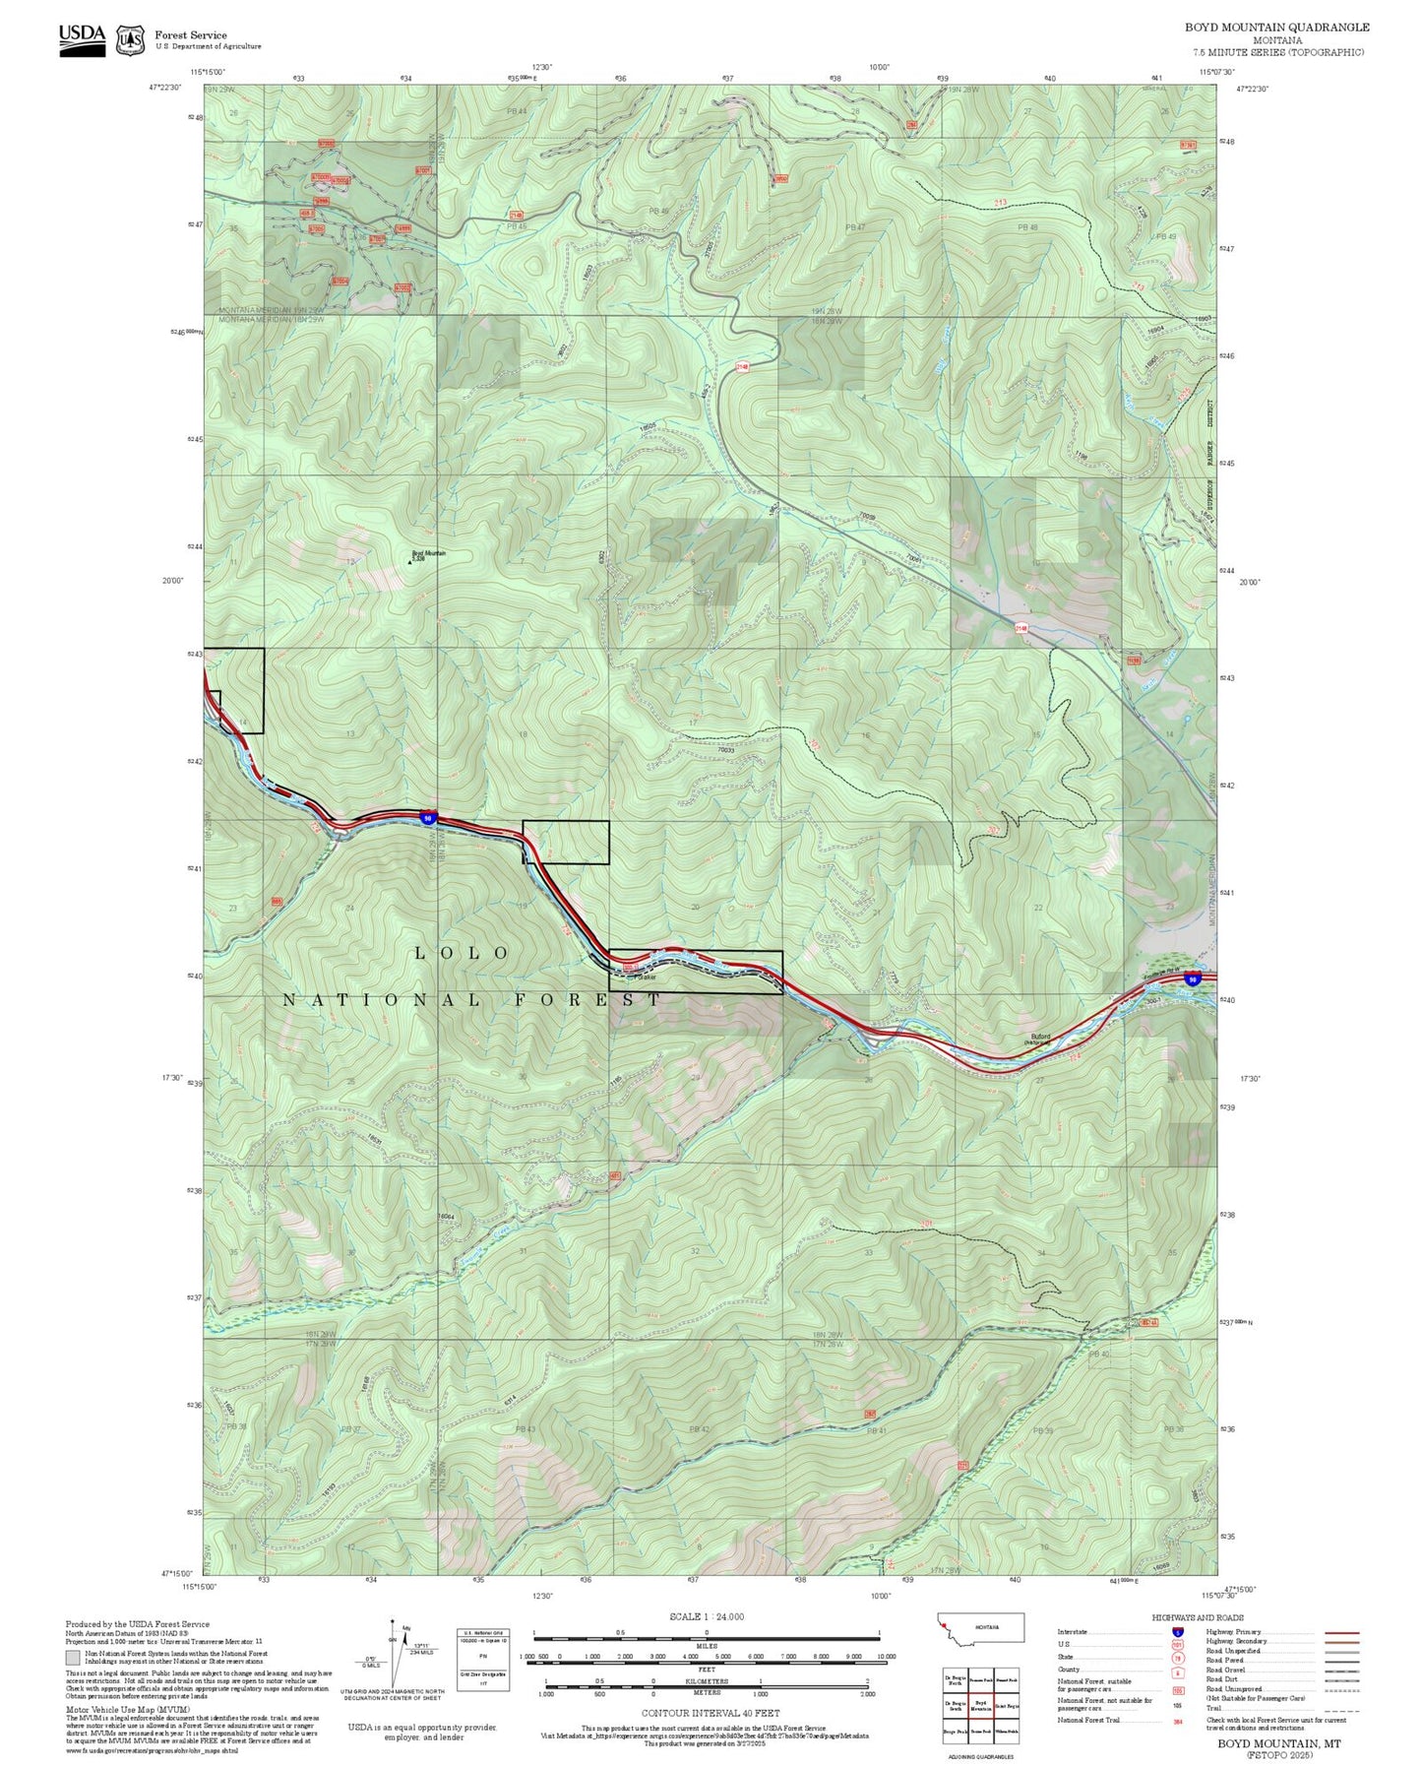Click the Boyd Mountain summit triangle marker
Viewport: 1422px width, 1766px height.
tap(409, 562)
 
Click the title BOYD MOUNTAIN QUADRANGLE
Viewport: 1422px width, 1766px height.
tap(1276, 28)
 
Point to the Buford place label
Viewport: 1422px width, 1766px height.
tap(1040, 1037)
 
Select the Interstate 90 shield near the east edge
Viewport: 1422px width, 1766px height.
tap(1192, 979)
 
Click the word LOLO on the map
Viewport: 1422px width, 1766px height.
tap(461, 953)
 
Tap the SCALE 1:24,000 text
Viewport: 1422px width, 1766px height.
tap(706, 1615)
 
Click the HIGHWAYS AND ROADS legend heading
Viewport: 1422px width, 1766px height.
tap(1197, 1616)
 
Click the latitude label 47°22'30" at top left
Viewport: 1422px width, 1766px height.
tap(165, 88)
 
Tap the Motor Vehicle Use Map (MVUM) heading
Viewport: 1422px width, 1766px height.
tap(108, 1710)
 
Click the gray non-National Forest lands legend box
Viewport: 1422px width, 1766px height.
tap(73, 1658)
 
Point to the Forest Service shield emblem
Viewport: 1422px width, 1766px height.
tap(130, 39)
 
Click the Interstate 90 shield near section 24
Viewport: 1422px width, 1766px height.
tap(427, 817)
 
